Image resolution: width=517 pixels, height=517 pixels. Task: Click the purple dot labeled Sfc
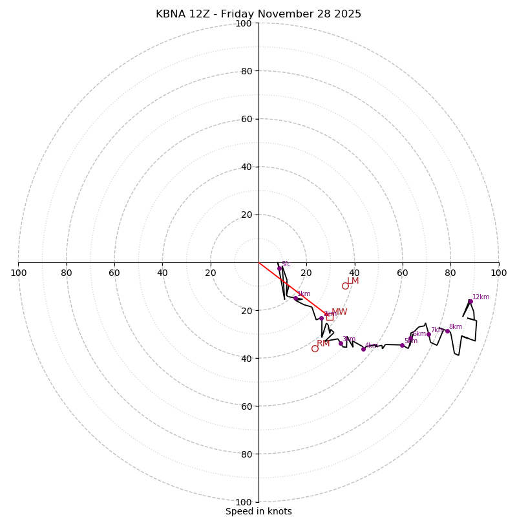[x=279, y=268]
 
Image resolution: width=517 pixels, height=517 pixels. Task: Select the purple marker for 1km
[x=296, y=299]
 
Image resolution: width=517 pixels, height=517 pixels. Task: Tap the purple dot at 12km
[x=470, y=301]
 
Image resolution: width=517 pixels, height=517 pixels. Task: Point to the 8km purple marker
[x=447, y=331]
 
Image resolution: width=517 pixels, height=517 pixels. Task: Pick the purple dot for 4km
[x=363, y=349]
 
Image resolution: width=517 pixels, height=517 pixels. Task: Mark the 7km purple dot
[x=428, y=334]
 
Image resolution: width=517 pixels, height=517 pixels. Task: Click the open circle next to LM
[x=345, y=286]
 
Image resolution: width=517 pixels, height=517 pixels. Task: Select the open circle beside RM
[x=315, y=348]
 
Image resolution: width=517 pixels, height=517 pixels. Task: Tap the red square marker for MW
[x=330, y=317]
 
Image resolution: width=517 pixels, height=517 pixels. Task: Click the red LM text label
[x=353, y=281]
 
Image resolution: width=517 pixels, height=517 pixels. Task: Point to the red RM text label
[x=323, y=344]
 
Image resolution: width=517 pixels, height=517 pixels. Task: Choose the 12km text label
[x=481, y=297]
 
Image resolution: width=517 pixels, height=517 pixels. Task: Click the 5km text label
[x=411, y=341]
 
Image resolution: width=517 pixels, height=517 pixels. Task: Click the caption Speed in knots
[x=258, y=511]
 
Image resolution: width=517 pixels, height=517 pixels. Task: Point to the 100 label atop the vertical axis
[x=244, y=24]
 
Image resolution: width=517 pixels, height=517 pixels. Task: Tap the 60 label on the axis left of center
[x=114, y=273]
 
